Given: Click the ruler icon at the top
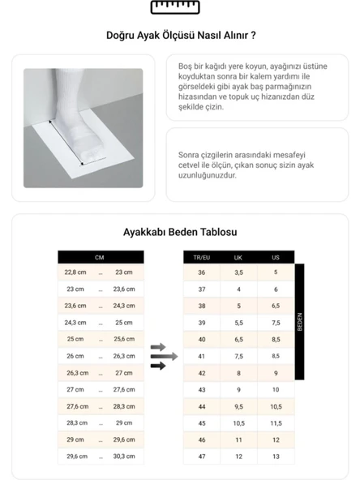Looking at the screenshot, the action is click(179, 8).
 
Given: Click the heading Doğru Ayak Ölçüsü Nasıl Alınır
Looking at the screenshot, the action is click(181, 36).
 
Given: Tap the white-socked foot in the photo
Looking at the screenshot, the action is click(79, 122).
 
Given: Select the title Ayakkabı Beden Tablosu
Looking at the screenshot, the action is click(180, 232).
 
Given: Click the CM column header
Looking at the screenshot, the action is click(100, 257).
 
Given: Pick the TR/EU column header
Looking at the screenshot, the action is click(201, 257).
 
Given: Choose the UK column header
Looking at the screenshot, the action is click(238, 257).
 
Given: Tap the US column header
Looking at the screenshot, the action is click(276, 257).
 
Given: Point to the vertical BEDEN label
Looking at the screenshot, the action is click(300, 322).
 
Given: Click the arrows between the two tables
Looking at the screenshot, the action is click(163, 356).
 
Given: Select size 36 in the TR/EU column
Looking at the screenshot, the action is click(201, 272).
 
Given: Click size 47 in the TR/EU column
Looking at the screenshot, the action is click(201, 456).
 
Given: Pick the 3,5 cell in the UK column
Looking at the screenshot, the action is click(238, 272).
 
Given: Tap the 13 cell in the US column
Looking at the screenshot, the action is click(276, 456).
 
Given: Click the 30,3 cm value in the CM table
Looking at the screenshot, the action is click(124, 456).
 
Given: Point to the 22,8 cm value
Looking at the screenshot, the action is click(75, 272).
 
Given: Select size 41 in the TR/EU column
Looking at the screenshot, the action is click(201, 356).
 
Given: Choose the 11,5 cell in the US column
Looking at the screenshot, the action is click(276, 423).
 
